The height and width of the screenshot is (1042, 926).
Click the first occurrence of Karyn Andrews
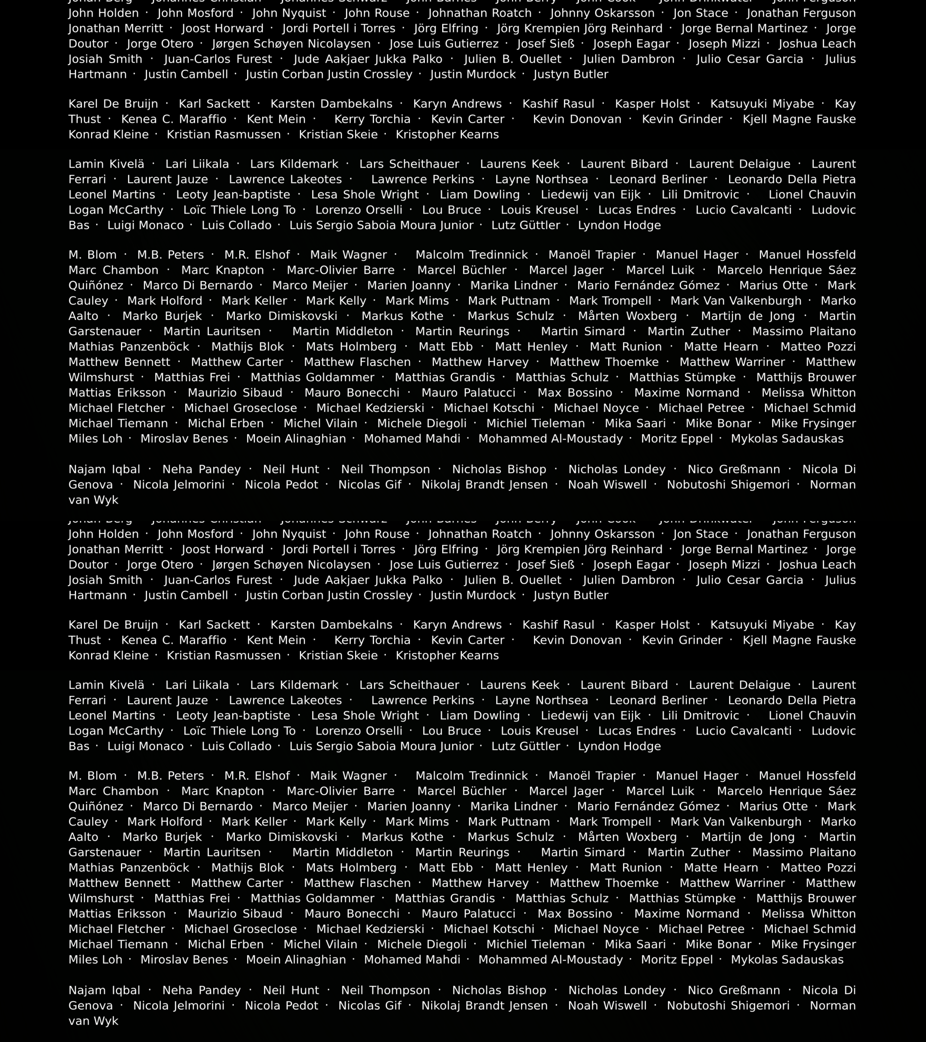[457, 104]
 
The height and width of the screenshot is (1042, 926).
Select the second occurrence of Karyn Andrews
[457, 625]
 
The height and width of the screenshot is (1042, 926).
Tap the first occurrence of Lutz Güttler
[526, 225]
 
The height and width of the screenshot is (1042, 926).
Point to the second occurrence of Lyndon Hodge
[619, 746]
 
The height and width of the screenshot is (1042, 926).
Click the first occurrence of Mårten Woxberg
[627, 316]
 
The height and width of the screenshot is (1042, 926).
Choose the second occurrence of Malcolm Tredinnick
[471, 776]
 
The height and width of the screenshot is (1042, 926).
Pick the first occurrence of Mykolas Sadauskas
[787, 439]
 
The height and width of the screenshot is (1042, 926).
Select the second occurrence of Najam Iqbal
[104, 991]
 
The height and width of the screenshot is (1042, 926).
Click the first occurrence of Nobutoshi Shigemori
[728, 485]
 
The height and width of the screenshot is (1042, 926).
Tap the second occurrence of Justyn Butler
[571, 595]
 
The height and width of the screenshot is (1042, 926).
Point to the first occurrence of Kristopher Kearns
[447, 135]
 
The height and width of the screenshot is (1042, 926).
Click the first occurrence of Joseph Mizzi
[724, 44]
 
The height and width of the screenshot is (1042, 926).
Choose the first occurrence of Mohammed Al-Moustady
[551, 439]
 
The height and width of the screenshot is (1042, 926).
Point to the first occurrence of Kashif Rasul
[558, 104]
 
